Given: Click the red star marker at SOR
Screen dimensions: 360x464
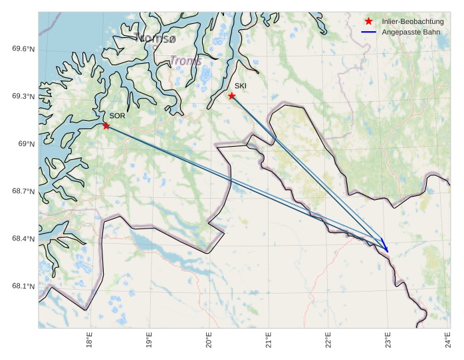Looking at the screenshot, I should [106, 126].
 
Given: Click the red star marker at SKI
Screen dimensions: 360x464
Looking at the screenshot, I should [232, 96].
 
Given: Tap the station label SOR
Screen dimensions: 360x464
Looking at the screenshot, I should [118, 116].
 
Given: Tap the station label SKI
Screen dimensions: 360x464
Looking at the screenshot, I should [240, 86].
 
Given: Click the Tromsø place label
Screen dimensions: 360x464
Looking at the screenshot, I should [156, 39].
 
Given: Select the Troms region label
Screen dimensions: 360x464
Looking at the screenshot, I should [185, 61].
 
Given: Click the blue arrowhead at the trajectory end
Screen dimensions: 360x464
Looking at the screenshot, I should [386, 248].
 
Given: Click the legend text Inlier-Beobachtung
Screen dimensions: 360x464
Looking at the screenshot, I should [413, 21].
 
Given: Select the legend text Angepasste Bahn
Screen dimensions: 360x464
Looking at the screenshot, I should [411, 32].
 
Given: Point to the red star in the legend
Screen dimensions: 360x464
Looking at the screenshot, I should [369, 21].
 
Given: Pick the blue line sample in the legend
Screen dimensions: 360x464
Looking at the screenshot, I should [369, 32].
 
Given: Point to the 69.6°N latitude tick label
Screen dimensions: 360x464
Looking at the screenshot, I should [23, 48].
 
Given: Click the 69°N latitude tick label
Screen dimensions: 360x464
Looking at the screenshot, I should [26, 143].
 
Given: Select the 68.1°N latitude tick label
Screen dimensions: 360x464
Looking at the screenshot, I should [23, 286].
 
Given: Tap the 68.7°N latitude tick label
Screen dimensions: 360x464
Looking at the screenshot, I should [23, 191].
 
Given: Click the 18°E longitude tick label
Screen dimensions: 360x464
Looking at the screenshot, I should [89, 340].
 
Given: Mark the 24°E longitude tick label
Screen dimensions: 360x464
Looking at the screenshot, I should [447, 340].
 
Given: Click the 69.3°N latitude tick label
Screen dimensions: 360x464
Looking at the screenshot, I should [23, 96].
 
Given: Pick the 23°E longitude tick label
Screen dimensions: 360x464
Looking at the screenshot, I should [388, 340].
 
